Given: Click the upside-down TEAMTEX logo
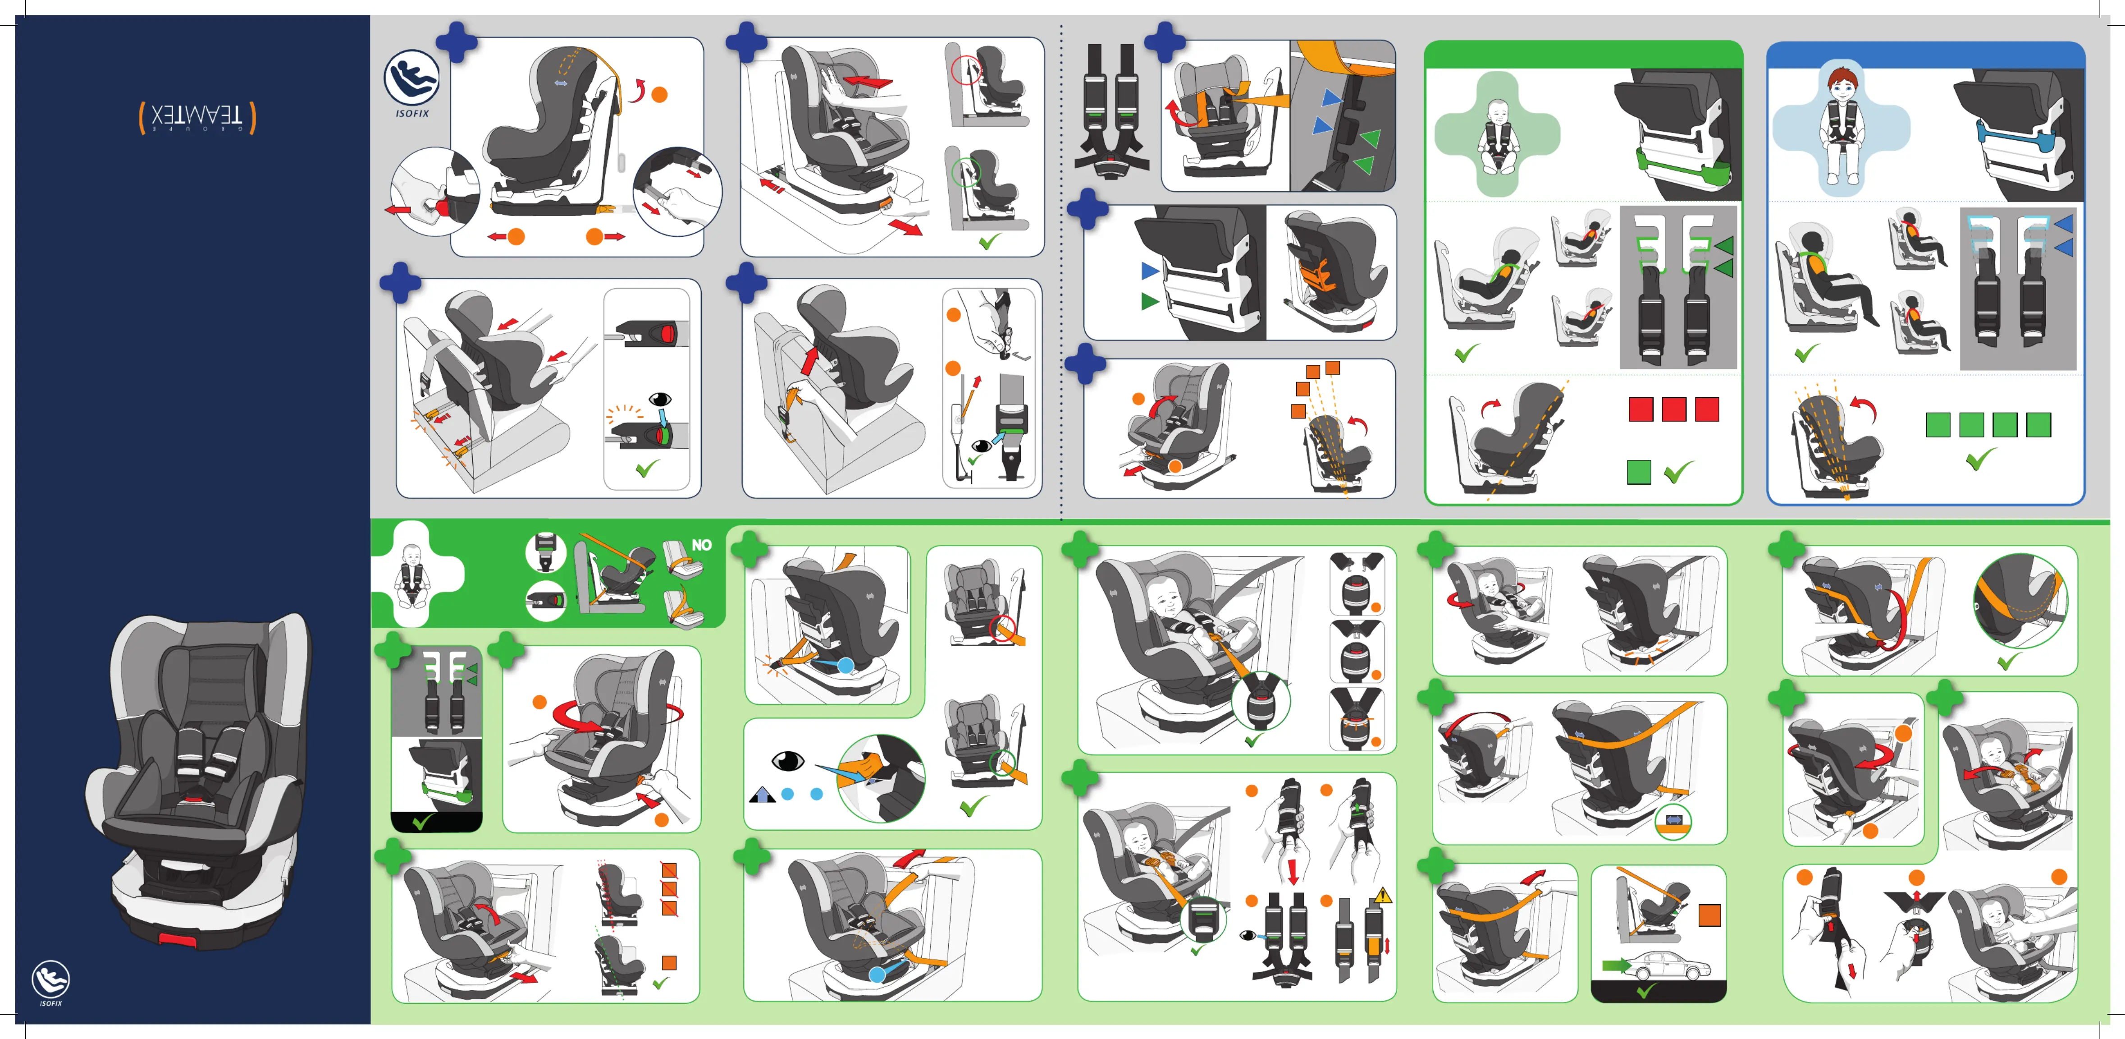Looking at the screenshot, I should click(197, 117).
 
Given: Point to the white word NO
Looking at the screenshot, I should click(701, 545).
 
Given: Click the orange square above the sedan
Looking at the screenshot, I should click(1709, 915).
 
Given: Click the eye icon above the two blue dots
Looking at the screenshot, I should click(787, 760).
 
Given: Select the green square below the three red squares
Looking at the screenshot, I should click(1638, 472).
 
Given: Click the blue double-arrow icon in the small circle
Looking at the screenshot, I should click(1673, 820).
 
